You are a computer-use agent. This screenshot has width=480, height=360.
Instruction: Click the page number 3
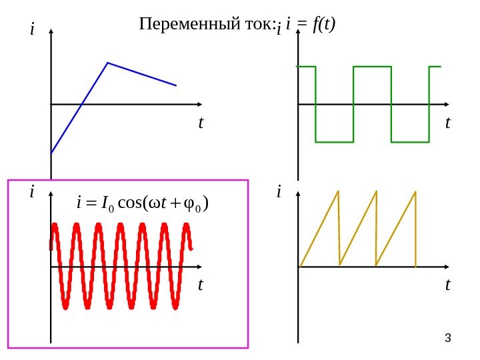coord(448,339)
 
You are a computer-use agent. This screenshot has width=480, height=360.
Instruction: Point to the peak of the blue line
coord(107,63)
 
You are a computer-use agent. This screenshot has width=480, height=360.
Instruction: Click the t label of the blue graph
coord(200,123)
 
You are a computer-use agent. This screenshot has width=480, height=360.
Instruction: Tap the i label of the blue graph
coord(31,29)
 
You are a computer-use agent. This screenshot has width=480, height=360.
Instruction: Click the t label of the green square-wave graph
coord(447,123)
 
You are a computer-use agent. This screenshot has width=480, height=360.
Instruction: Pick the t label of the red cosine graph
coord(200,285)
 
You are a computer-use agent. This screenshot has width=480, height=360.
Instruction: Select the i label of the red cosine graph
coord(31,192)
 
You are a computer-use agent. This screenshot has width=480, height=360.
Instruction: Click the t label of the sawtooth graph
coord(447,285)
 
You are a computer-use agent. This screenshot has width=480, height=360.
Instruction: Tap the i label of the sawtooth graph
coord(279,192)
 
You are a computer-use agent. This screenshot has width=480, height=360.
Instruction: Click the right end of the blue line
coord(176,85)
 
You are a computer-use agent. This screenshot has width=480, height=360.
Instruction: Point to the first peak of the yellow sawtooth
coord(339,191)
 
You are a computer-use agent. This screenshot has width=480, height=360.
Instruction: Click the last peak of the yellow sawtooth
coord(416,191)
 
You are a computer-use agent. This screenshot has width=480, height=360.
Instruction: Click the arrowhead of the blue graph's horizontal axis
coord(199,104)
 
